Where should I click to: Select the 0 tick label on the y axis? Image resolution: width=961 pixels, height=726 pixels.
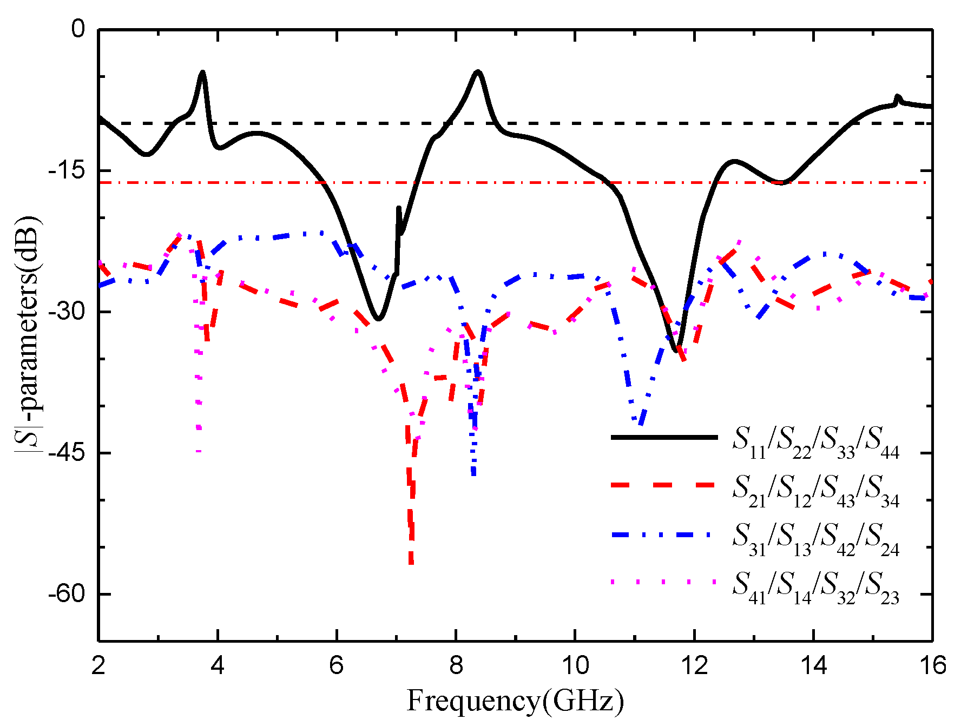pos(79,29)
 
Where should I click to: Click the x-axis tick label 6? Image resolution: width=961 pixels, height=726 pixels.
pos(337,665)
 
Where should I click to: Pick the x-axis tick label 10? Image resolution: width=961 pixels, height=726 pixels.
pos(575,665)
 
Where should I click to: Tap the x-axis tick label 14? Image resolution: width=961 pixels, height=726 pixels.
pos(813,665)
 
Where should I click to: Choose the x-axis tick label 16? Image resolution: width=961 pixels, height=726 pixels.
pos(932,665)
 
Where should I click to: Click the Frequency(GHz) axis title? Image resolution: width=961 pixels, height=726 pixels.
pos(515,701)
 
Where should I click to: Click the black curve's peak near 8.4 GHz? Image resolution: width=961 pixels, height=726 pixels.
pos(478,71)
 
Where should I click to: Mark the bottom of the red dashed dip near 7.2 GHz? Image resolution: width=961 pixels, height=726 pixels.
pos(411,563)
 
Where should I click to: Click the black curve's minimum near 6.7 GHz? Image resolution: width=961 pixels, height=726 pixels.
pos(378,319)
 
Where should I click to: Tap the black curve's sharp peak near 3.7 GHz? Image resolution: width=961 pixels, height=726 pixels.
pos(202,71)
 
